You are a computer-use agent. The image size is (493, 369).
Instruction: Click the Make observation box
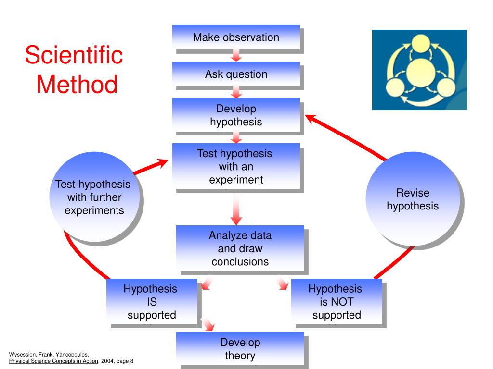236,37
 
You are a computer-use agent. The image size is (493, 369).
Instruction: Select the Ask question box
236,74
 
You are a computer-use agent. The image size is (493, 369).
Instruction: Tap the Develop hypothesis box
236,115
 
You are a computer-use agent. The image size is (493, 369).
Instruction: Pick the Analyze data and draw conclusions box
240,248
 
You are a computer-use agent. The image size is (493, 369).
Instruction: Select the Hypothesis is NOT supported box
336,302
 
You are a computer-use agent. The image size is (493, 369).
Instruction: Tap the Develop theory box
240,349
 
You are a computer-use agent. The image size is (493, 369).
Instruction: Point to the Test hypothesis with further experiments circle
94,197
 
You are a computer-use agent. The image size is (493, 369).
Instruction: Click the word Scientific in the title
74,55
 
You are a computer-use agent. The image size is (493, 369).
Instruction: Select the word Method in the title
77,85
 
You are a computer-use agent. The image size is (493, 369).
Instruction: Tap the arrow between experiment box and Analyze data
236,209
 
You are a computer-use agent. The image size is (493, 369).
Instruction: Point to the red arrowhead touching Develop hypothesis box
311,118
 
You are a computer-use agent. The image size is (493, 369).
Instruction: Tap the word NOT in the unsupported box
342,302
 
